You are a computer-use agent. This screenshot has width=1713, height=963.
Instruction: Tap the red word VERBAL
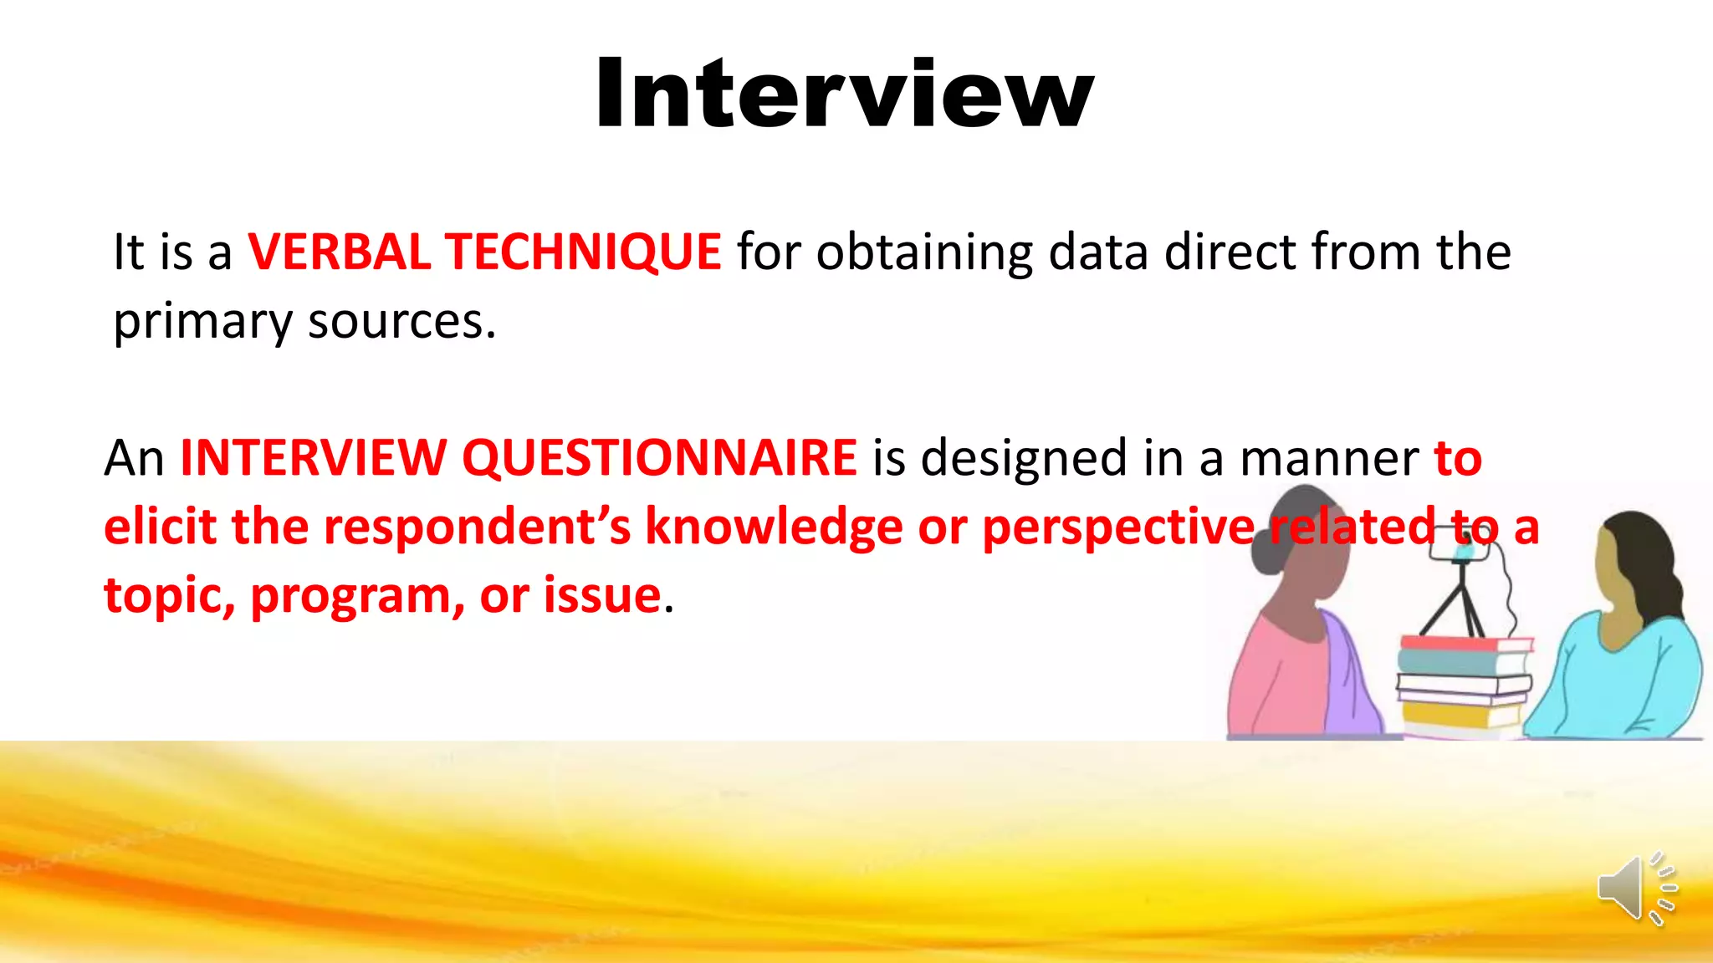coord(339,252)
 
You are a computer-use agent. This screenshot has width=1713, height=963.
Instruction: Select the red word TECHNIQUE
coord(582,252)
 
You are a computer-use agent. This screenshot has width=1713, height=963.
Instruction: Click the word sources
coord(401,322)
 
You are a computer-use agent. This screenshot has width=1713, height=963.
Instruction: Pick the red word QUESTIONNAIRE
coord(659,458)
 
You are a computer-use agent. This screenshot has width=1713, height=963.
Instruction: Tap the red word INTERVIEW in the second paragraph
coord(313,458)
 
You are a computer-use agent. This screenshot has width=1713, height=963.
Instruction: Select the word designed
coord(1024,458)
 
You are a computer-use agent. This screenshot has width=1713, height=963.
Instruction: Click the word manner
coord(1329,458)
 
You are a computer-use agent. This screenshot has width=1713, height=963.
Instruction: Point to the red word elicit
coord(160,527)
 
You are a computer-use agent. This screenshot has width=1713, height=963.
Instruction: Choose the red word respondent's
coord(477,528)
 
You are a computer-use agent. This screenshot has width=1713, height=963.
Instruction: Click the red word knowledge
coord(774,528)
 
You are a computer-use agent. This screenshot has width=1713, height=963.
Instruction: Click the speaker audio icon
coord(1635,889)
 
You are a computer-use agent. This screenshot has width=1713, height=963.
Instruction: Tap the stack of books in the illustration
coord(1464,685)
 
